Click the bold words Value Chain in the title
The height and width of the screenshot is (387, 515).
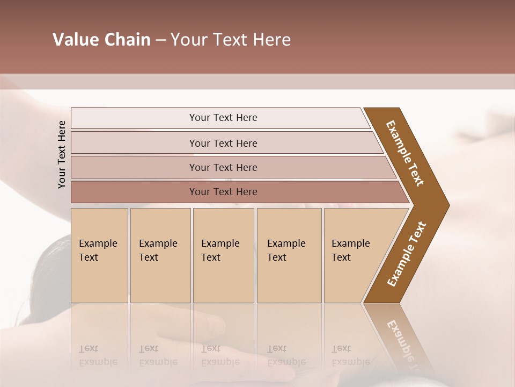pyautogui.click(x=101, y=40)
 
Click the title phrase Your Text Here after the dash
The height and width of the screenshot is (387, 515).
pyautogui.click(x=231, y=40)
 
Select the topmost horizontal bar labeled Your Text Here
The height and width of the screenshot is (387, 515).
pyautogui.click(x=223, y=118)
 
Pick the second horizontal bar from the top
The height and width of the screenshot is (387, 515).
pyautogui.click(x=223, y=143)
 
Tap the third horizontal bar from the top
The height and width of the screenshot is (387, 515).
pyautogui.click(x=223, y=167)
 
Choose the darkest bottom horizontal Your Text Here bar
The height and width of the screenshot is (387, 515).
pyautogui.click(x=223, y=192)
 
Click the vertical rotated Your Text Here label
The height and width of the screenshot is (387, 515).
pyautogui.click(x=62, y=154)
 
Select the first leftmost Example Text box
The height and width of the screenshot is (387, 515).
pyautogui.click(x=99, y=255)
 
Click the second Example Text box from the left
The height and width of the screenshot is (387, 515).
pyautogui.click(x=160, y=255)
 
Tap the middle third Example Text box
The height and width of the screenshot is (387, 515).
pyautogui.click(x=223, y=255)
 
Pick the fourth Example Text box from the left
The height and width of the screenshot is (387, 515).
pyautogui.click(x=289, y=255)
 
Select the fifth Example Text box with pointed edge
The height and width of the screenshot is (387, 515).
pyautogui.click(x=354, y=255)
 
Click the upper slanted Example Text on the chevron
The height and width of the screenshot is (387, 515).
pyautogui.click(x=405, y=153)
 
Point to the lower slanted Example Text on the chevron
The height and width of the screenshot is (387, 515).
pyautogui.click(x=406, y=254)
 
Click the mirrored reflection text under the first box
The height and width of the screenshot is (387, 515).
pyautogui.click(x=98, y=355)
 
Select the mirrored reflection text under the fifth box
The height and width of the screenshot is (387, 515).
pyautogui.click(x=350, y=355)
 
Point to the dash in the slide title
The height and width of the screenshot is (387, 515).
pyautogui.click(x=160, y=40)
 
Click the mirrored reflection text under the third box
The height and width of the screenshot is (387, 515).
pyautogui.click(x=220, y=355)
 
